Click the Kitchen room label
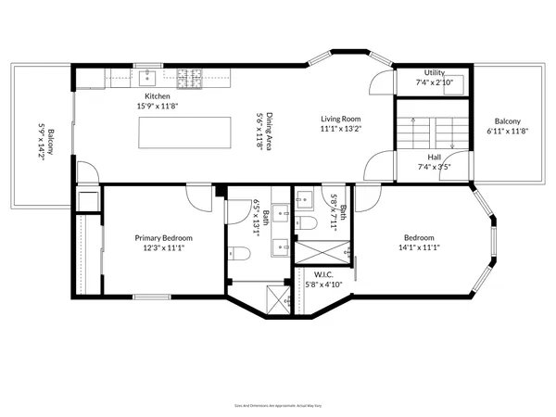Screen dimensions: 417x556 156,96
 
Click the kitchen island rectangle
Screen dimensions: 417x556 186,133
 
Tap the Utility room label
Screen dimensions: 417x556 434,72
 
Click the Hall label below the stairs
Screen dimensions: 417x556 434,157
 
